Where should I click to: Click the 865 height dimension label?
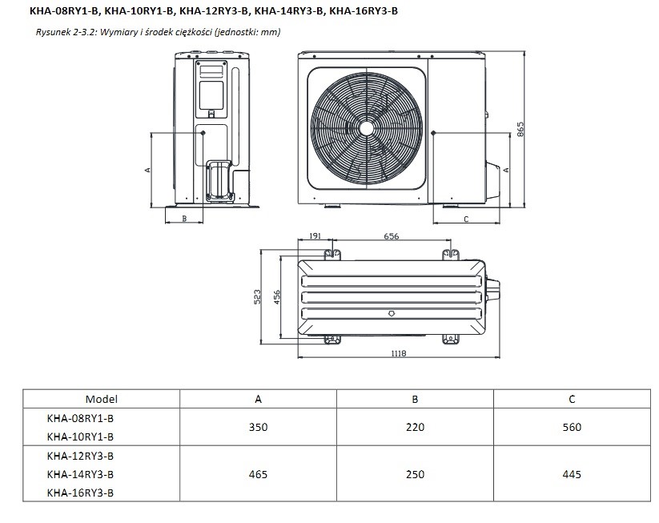point(520,129)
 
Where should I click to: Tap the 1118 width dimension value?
point(399,353)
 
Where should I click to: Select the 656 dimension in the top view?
point(391,236)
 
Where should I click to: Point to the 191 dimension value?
point(315,235)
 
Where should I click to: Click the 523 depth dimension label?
point(258,296)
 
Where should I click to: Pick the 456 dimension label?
point(276,297)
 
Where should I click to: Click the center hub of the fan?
point(367,129)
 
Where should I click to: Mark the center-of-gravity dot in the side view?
point(203,133)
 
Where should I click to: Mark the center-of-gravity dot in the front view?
point(433,133)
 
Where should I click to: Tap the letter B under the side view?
point(184,219)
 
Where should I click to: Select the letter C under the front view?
point(466,219)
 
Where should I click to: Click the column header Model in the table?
point(101,399)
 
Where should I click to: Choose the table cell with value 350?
point(258,427)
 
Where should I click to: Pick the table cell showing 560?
point(572,427)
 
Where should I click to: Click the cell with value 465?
point(258,474)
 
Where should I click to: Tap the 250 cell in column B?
point(416,474)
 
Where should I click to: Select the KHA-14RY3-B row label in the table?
point(80,474)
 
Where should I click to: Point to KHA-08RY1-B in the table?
point(80,418)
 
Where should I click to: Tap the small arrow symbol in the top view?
point(392,313)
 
